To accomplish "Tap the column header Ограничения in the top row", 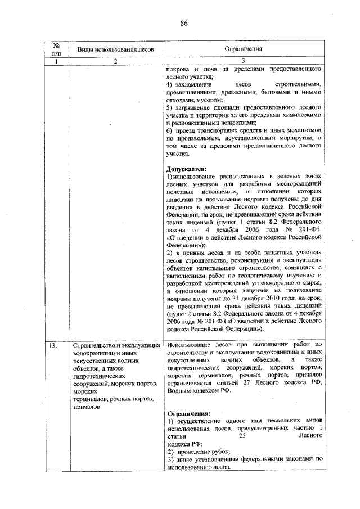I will tap(243, 49).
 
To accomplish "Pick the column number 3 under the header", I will tap(244, 61).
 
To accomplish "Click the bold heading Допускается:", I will tap(187, 168).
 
